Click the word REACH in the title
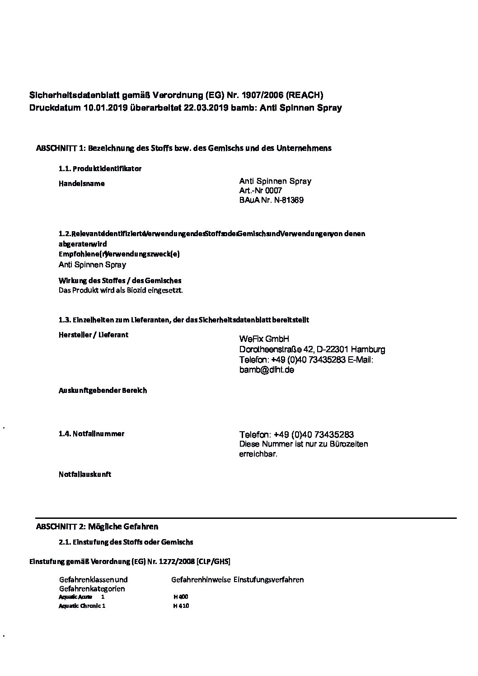[x=305, y=95]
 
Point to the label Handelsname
[x=82, y=184]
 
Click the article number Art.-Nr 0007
[x=261, y=191]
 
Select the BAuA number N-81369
[x=288, y=200]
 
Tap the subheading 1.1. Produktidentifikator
[x=100, y=169]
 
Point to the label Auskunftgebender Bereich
[x=103, y=390]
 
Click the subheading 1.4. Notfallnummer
[x=91, y=434]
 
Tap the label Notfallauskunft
[x=84, y=475]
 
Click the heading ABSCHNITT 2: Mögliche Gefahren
[x=97, y=527]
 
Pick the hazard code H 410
[x=181, y=606]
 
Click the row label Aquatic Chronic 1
[x=82, y=606]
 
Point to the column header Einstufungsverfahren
[x=268, y=579]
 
